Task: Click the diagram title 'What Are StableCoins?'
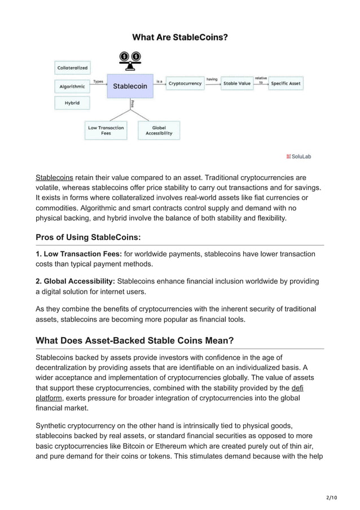click(179, 38)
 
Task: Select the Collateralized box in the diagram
click(72, 68)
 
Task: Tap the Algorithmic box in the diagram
click(72, 86)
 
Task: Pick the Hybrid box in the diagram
click(72, 103)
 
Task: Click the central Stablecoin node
click(130, 86)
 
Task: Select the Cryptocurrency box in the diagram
click(185, 84)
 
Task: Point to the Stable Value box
click(237, 84)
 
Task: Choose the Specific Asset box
click(286, 84)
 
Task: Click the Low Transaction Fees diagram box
click(106, 130)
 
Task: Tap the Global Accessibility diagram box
click(159, 130)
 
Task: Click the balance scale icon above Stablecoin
click(130, 60)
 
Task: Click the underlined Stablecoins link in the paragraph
click(55, 177)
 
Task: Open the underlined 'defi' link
click(297, 388)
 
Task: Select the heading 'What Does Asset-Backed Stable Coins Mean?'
click(134, 340)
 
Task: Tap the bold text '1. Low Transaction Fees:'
click(79, 254)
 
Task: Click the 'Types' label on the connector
click(98, 81)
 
